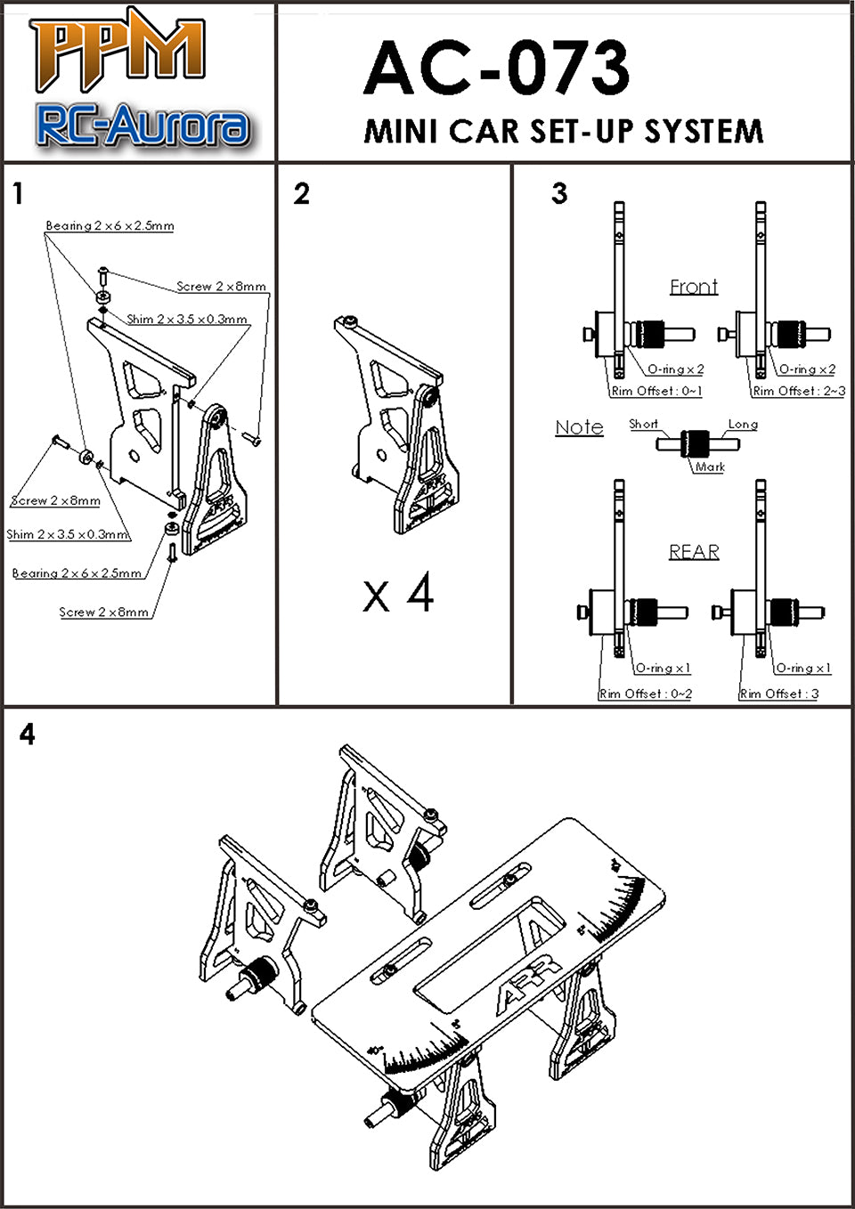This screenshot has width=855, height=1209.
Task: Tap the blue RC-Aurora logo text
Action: (142, 126)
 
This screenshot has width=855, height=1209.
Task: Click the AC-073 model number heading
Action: (496, 69)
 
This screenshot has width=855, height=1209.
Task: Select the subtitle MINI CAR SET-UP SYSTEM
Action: (563, 132)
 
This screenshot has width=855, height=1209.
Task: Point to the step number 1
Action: (17, 193)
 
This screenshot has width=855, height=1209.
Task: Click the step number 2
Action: (302, 193)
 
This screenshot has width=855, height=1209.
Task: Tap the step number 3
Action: (559, 193)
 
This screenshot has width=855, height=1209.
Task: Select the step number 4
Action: (28, 734)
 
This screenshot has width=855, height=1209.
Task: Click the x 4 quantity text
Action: (398, 593)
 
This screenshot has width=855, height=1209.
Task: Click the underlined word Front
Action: (694, 287)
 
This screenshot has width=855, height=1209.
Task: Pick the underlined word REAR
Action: (694, 552)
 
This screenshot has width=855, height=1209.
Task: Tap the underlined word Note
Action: (579, 427)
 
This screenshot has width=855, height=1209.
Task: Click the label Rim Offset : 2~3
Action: (799, 391)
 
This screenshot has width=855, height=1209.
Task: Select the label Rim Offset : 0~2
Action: (646, 694)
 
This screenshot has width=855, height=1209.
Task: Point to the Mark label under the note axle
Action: (710, 467)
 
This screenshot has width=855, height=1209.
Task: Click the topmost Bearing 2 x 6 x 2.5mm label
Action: (110, 226)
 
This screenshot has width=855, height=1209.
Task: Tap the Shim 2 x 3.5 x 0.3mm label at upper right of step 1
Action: (187, 319)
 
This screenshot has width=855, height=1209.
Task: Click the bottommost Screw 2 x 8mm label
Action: (104, 613)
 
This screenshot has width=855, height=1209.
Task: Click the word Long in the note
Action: (743, 425)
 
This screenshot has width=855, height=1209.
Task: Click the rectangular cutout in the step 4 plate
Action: (474, 953)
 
